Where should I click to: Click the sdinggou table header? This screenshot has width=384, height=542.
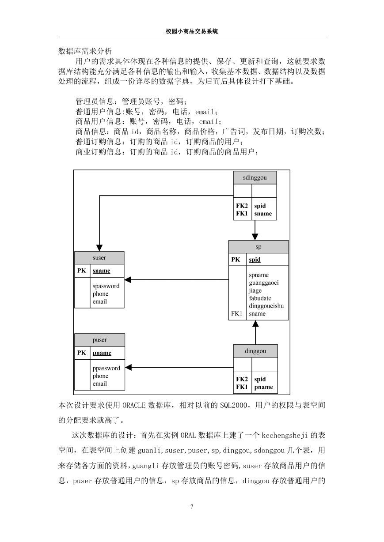[x=255, y=177]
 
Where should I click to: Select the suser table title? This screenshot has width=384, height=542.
[x=99, y=258]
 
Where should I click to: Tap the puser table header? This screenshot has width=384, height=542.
[x=99, y=340]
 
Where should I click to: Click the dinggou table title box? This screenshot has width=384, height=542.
[x=255, y=351]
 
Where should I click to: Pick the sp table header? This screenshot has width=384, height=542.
[x=259, y=247]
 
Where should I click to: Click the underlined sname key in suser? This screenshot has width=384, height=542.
[x=101, y=271]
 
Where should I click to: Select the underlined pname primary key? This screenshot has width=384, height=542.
[x=102, y=353]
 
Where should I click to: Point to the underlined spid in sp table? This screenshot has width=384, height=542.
[x=255, y=260]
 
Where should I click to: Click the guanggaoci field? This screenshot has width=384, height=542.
[x=264, y=283]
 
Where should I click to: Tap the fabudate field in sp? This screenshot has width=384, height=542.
[x=260, y=298]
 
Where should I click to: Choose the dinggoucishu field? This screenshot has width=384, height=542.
[x=266, y=306]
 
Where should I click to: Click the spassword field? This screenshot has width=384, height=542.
[x=106, y=286]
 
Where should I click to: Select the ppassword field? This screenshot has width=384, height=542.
[x=106, y=368]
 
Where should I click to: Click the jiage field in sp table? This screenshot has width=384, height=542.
[x=255, y=290]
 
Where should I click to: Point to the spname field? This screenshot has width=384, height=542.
[x=259, y=275]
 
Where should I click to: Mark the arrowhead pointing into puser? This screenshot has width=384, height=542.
[x=128, y=367]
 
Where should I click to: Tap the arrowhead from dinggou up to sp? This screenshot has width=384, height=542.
[x=255, y=324]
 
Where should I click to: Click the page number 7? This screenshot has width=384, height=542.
[x=192, y=506]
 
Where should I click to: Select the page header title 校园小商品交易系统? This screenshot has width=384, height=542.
[x=192, y=31]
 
